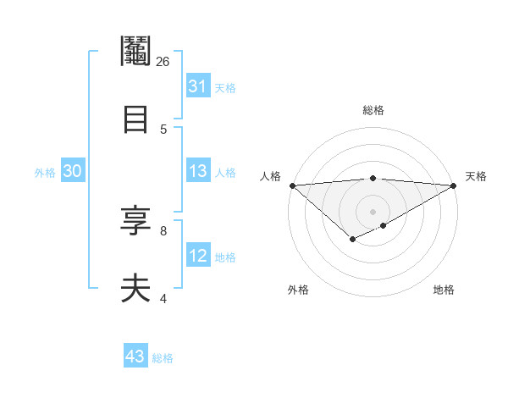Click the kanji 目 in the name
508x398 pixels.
(135, 118)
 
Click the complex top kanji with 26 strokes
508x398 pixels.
(135, 53)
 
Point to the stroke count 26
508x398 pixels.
(163, 62)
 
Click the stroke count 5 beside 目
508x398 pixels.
(163, 129)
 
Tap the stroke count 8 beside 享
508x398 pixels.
(163, 230)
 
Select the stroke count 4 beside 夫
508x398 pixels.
(163, 298)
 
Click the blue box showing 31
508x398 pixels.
(198, 86)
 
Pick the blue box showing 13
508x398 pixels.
(198, 171)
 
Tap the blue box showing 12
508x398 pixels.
(198, 256)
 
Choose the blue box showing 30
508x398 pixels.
(73, 171)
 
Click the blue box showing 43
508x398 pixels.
(135, 357)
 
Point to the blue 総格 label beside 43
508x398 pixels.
(163, 358)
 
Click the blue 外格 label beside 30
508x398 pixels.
(45, 173)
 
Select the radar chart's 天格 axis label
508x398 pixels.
(476, 176)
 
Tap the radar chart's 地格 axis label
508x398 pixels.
(444, 290)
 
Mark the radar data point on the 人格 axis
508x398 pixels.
(292, 185)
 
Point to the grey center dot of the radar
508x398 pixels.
(373, 212)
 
